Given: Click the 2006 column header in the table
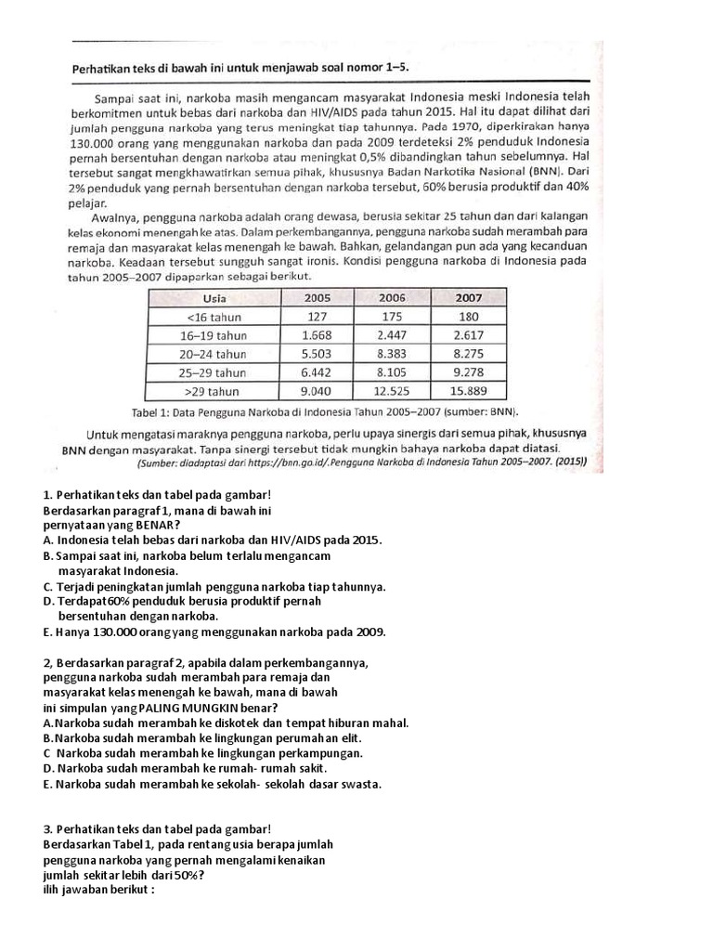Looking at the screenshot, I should pyautogui.click(x=392, y=297).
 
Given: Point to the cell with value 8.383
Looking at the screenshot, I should pyautogui.click(x=392, y=354).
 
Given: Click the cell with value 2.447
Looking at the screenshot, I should pyautogui.click(x=392, y=334).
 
